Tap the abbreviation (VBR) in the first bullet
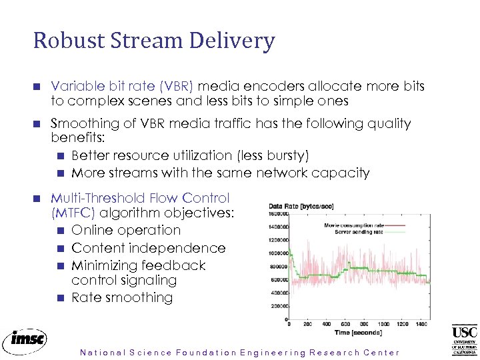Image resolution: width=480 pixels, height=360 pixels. tap(174, 86)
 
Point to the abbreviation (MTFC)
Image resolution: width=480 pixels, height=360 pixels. tap(73, 214)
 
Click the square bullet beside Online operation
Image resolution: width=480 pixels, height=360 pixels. tap(60, 231)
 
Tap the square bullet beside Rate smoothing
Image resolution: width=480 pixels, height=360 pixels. tap(60, 298)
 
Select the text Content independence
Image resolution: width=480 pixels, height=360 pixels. tap(148, 248)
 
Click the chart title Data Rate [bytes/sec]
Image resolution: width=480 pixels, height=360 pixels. tap(301, 207)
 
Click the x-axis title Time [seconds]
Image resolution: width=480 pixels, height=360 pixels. tap(357, 333)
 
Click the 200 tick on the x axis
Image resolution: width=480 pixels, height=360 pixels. tap(307, 325)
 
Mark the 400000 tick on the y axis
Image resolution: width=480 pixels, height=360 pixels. tap(277, 293)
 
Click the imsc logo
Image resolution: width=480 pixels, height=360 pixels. tap(25, 341)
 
